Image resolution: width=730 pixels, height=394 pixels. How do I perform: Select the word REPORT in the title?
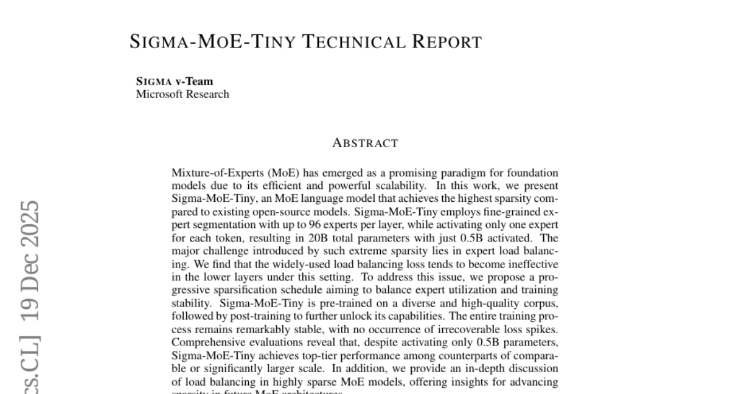(447, 42)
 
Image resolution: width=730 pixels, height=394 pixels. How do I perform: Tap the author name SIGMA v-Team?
(175, 81)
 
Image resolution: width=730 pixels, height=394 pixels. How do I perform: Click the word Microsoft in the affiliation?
(159, 94)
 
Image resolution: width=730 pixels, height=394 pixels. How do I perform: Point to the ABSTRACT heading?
(365, 143)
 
